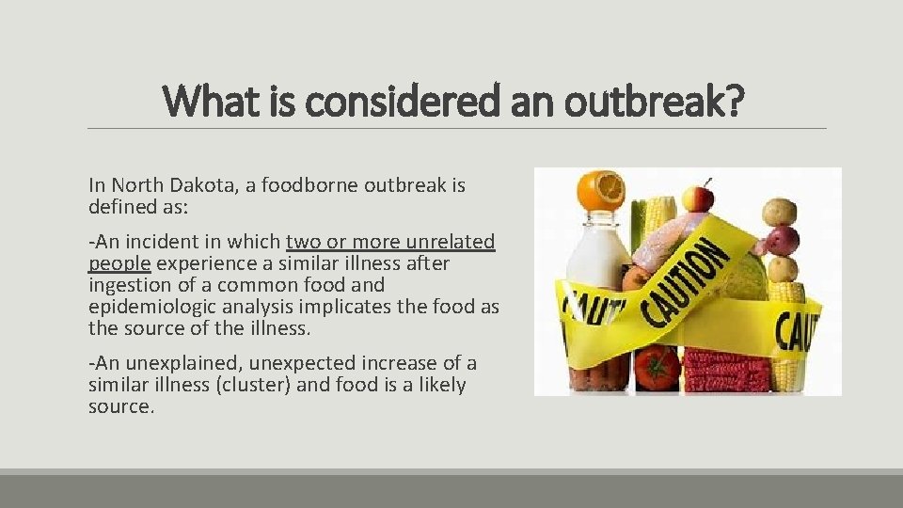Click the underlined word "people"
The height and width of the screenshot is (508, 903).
(x=119, y=264)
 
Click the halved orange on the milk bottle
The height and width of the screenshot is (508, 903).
(x=600, y=191)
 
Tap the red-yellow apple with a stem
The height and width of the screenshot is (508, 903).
(x=697, y=197)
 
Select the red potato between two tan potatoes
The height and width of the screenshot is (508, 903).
(x=782, y=241)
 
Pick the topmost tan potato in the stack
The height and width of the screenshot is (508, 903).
(x=779, y=211)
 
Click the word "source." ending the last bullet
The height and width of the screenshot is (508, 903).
(x=120, y=406)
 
